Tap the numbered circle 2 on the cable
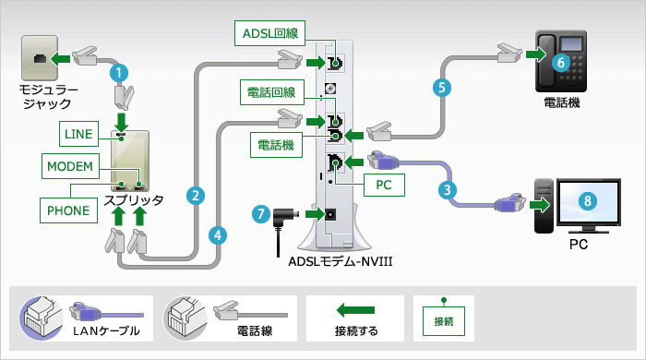click(x=194, y=195)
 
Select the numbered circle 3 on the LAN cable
click(x=447, y=190)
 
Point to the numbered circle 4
click(x=218, y=234)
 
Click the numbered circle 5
click(x=441, y=90)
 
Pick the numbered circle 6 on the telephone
click(x=560, y=62)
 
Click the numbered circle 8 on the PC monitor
click(x=587, y=199)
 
